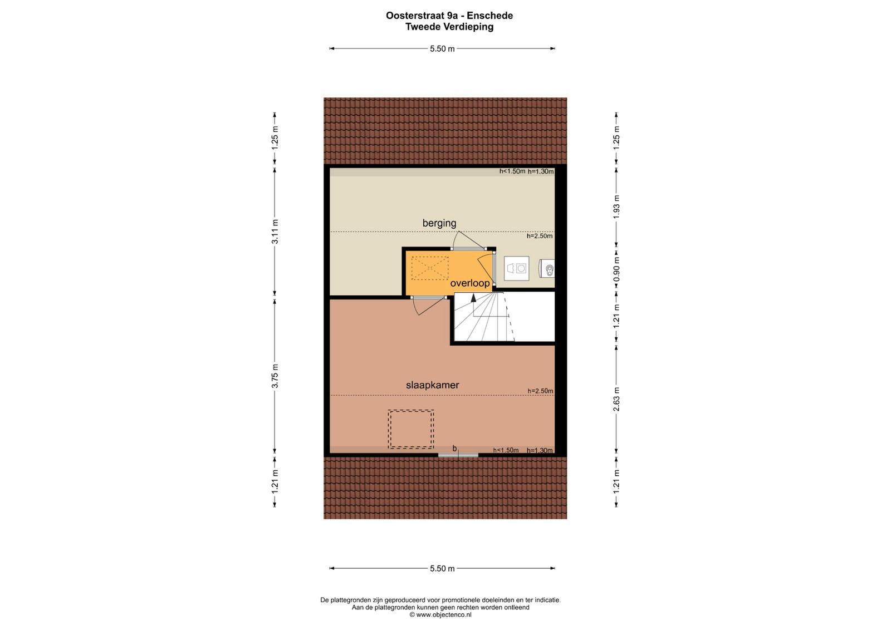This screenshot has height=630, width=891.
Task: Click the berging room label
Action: point(439,223)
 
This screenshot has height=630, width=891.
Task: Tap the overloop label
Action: point(470,283)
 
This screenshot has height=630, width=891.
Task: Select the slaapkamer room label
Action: point(432,385)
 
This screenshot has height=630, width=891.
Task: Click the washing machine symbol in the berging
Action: point(516,268)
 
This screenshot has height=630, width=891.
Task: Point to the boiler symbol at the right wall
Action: point(547,268)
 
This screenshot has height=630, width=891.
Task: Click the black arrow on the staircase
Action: point(473,298)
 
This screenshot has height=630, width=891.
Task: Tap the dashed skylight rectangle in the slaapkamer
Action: point(411,429)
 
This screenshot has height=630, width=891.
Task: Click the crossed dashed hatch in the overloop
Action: point(429,268)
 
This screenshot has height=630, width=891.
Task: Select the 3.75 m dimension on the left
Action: point(275,376)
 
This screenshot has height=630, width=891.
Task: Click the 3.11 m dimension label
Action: point(275,232)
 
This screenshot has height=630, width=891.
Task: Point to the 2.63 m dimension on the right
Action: point(616,399)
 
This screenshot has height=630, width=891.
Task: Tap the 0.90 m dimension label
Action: point(616,269)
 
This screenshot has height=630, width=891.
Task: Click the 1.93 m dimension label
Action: point(616,206)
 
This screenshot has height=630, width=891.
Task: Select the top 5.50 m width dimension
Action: point(442,49)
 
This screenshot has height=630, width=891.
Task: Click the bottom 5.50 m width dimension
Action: point(442,568)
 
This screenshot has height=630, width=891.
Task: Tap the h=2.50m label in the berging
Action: point(540,236)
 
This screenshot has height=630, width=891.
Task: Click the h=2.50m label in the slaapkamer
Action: point(540,391)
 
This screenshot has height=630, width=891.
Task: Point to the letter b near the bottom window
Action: point(454,449)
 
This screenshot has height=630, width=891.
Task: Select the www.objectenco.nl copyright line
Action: point(440,614)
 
